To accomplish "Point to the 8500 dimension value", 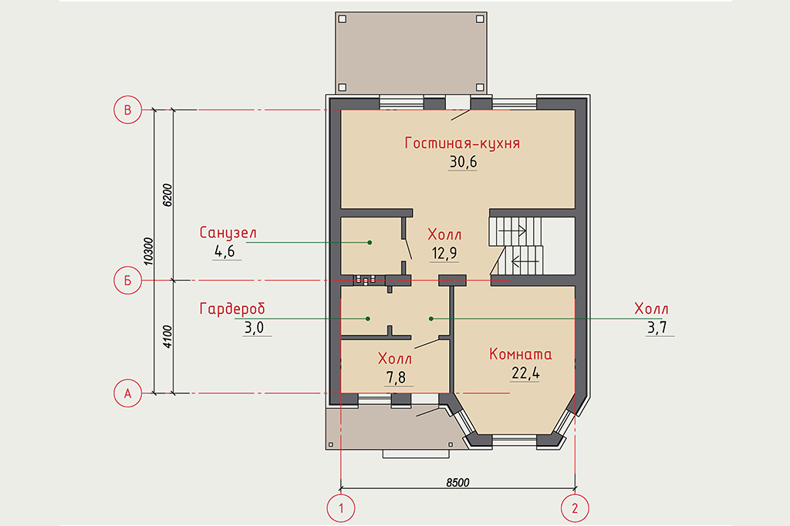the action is point(457,483).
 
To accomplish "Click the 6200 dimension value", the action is point(167,195).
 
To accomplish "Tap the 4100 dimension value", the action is point(167,336).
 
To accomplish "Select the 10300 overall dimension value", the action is point(148,251).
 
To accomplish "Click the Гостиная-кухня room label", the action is point(462,143).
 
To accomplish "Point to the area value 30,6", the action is point(463,162).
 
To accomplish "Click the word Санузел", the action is point(228,233).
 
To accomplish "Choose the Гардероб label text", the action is point(232,309).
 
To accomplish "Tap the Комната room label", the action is point(521,354).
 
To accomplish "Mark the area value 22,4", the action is point(525,373).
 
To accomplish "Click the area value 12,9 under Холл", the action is point(444,253).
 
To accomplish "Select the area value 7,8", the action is point(396,377).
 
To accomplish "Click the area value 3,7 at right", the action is point(657,328).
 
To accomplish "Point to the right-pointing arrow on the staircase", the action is point(512,231).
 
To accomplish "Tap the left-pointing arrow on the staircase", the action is point(525,261).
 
